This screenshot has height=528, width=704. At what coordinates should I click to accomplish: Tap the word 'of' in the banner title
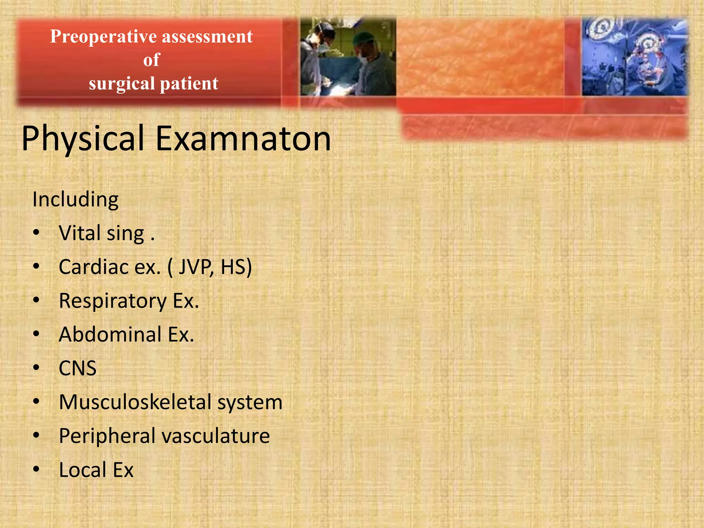(x=152, y=60)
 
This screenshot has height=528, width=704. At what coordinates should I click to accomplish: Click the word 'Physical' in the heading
(x=82, y=138)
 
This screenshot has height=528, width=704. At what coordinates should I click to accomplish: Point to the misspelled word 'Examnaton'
(x=243, y=138)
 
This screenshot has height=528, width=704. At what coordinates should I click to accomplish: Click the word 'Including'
(x=75, y=199)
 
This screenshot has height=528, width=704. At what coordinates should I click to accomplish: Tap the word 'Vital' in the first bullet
(x=79, y=233)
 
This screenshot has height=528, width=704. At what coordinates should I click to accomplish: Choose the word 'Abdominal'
(x=110, y=334)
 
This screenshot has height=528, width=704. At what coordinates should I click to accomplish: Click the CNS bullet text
(x=78, y=368)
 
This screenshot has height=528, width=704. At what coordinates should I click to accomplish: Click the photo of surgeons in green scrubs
(x=348, y=57)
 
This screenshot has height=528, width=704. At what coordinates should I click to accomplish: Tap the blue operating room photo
(x=635, y=57)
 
